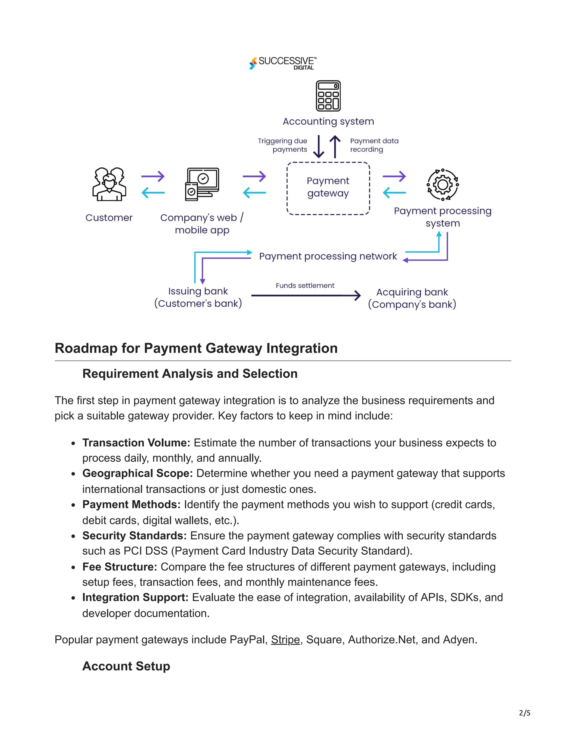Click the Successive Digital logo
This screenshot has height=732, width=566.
[x=283, y=63]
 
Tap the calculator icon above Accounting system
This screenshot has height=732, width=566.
[x=328, y=96]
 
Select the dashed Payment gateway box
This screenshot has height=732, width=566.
[x=328, y=188]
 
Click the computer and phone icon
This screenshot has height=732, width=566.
[x=202, y=184]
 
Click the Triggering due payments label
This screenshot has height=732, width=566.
[x=283, y=145]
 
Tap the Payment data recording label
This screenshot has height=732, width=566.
[x=374, y=145]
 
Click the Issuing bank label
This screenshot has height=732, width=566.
[x=198, y=297]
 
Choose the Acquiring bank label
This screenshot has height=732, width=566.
[x=412, y=298]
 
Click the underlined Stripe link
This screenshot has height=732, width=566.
[x=285, y=639]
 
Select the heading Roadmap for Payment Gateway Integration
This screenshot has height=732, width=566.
[x=196, y=348]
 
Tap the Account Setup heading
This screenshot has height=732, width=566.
[x=126, y=666]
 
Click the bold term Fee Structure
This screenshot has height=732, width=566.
[x=120, y=567]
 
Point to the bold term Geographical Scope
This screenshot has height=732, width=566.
[x=137, y=473]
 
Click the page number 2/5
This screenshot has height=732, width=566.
[x=525, y=713]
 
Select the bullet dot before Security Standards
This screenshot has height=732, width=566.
[x=73, y=536]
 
